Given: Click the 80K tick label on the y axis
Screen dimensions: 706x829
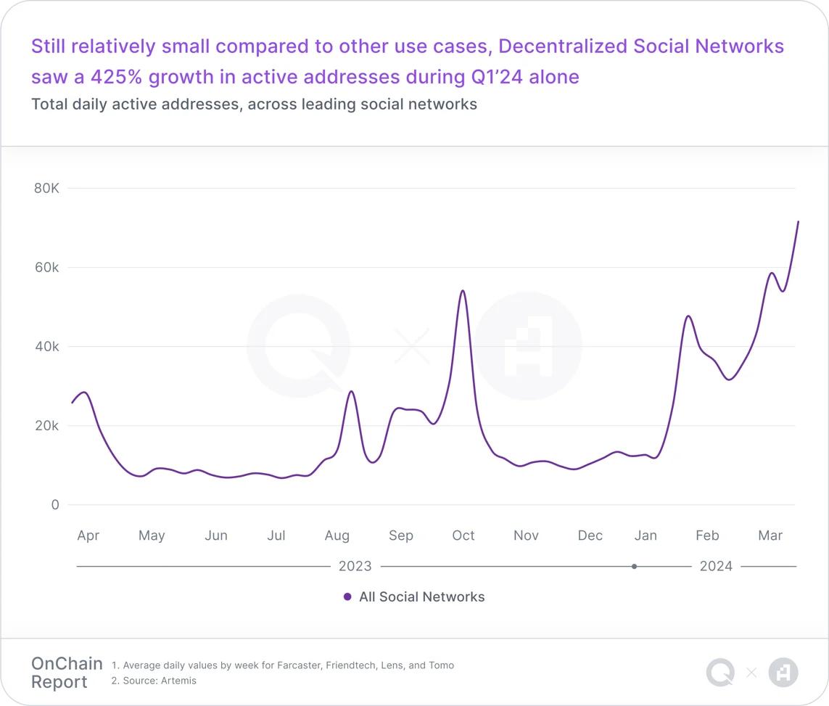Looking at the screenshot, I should (46, 188).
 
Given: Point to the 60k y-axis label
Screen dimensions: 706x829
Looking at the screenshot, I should (46, 267).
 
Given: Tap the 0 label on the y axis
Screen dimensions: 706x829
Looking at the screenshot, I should (55, 504).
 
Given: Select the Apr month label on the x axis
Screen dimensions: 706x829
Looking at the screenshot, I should (88, 535).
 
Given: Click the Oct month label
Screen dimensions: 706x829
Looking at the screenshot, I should (463, 535).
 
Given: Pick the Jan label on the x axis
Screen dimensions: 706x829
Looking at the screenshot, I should (646, 535).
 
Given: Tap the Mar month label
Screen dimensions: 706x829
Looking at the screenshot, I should (770, 535).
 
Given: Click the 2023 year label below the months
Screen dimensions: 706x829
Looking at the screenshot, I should (355, 566).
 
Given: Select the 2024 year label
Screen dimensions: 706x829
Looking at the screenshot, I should (716, 566).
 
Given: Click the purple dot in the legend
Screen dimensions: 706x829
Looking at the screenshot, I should (347, 597).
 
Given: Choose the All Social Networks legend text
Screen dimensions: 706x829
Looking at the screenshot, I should (421, 597).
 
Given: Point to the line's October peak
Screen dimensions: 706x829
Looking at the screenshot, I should (463, 291).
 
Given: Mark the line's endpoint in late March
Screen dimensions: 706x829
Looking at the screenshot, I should (798, 222).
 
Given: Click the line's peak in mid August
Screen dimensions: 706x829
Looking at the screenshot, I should (352, 392).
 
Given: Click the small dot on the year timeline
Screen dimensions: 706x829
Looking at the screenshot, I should (635, 566).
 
